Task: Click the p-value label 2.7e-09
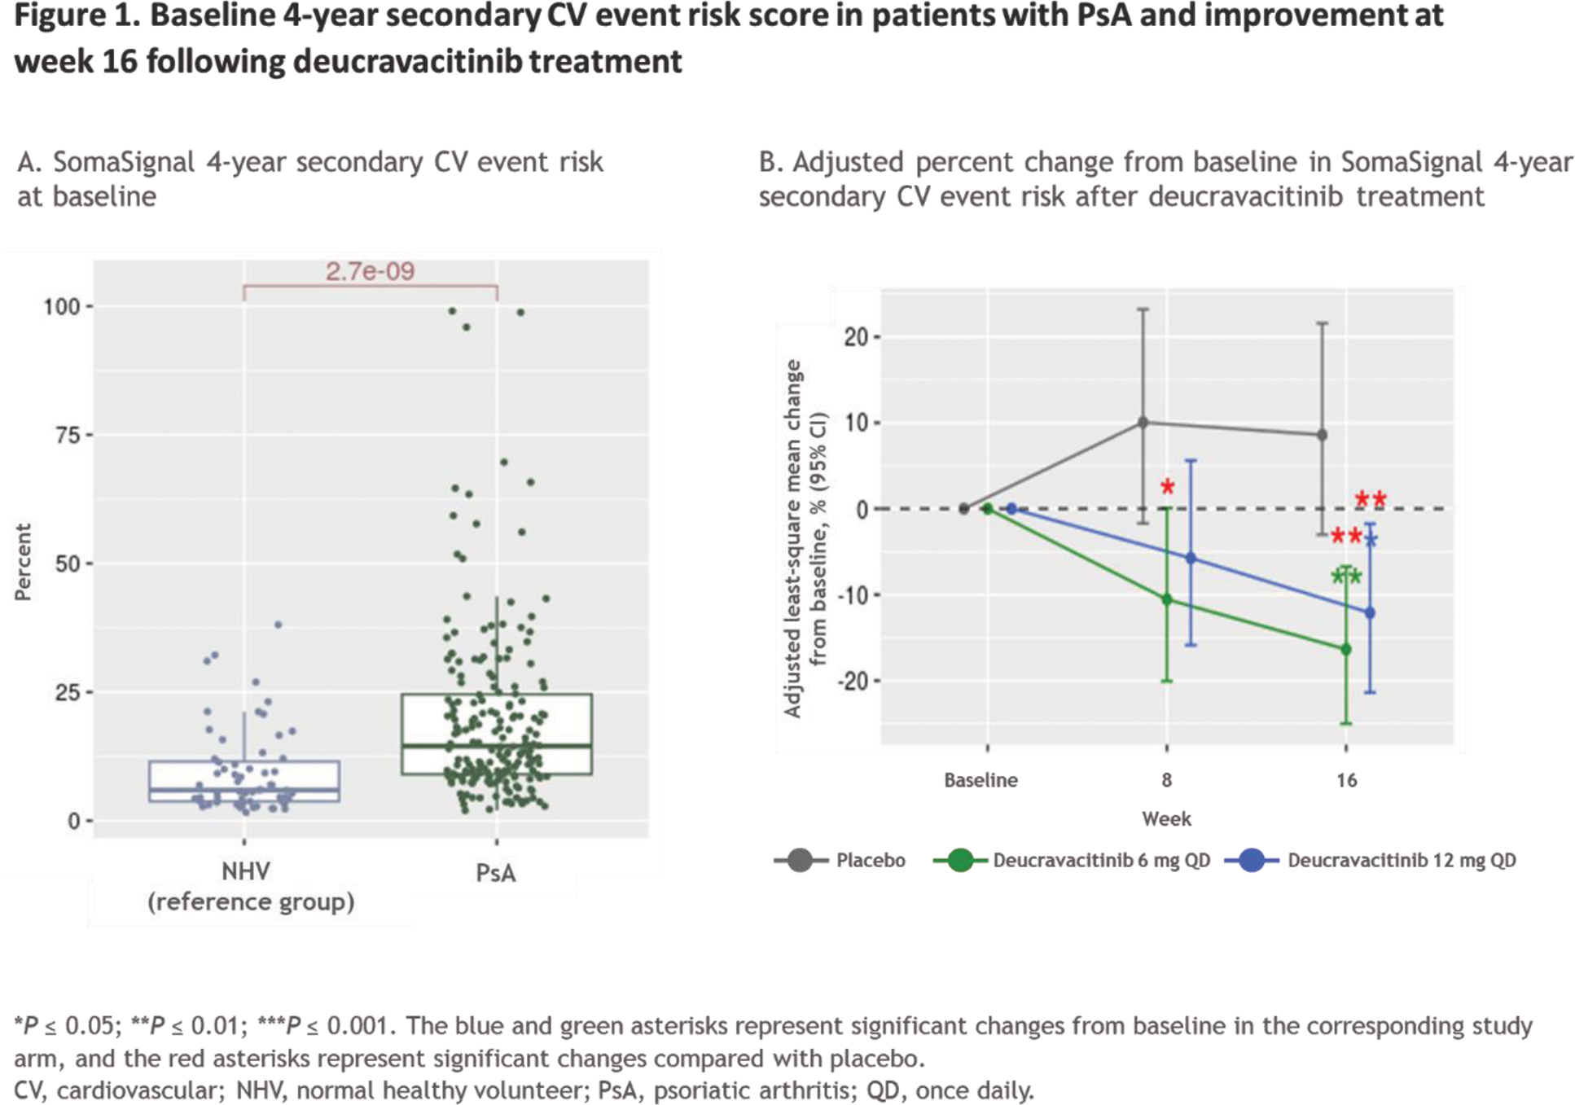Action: tap(370, 271)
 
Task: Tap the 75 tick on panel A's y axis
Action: tap(68, 436)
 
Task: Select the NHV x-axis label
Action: tap(245, 872)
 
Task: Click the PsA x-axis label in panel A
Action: tap(496, 874)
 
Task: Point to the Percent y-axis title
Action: tap(23, 562)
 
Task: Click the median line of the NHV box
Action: tap(244, 789)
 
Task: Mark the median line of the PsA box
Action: tap(496, 745)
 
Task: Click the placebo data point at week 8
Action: tap(1143, 423)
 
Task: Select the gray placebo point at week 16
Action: tap(1322, 435)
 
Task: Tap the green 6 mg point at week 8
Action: tap(1166, 599)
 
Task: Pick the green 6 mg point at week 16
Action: tap(1345, 649)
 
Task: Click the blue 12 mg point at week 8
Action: tap(1191, 558)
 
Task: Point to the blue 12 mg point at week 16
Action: tap(1370, 612)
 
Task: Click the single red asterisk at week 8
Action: tap(1167, 488)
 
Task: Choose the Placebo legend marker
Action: tap(800, 860)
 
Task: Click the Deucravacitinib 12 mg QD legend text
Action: tap(1401, 861)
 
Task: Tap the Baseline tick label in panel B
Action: tap(981, 780)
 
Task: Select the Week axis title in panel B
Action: tap(1166, 819)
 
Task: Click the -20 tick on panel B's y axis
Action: tap(853, 681)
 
